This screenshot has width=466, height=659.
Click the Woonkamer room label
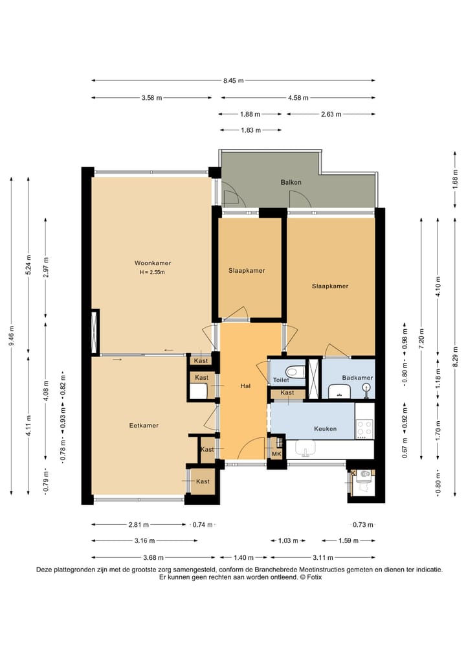(x=153, y=263)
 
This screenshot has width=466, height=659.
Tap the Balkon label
(x=291, y=182)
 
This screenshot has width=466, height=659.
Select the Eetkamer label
(x=144, y=425)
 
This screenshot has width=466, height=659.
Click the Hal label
(x=245, y=386)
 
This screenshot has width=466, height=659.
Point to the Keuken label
(x=326, y=429)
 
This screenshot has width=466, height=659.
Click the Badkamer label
(x=357, y=377)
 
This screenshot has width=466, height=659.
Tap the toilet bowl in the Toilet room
(x=295, y=371)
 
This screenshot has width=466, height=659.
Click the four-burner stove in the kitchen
(x=364, y=428)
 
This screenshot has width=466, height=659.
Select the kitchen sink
(x=305, y=449)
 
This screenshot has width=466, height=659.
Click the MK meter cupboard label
(x=276, y=454)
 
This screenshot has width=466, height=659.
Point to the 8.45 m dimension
(x=234, y=80)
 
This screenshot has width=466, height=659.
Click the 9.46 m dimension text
(x=12, y=336)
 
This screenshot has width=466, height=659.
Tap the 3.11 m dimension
(x=322, y=557)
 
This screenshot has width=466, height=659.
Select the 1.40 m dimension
(x=243, y=557)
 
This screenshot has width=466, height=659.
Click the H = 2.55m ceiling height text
(x=152, y=272)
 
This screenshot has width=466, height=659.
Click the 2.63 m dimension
(x=331, y=114)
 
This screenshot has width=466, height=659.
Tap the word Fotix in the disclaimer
(x=314, y=577)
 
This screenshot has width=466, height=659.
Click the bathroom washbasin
(x=340, y=391)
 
